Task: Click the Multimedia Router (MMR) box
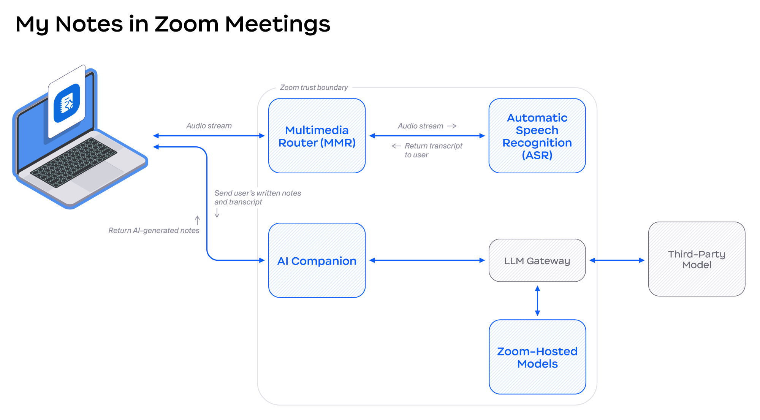point(317,136)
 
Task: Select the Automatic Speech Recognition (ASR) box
point(537,136)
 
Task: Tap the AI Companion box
point(317,260)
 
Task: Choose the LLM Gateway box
point(537,260)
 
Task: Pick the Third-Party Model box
point(696,259)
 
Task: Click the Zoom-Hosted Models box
point(537,357)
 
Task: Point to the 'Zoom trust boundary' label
point(313,87)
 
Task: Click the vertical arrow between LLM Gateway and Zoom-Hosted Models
point(537,301)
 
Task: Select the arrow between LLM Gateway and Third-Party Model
point(617,260)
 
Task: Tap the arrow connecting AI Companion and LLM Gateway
point(427,260)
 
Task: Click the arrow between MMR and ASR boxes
point(427,136)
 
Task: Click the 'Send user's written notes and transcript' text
point(257,197)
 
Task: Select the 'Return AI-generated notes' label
point(154,230)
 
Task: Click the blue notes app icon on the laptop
point(67,103)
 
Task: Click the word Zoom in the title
point(186,24)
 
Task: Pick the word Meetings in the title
point(277,24)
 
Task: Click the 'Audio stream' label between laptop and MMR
point(209,126)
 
